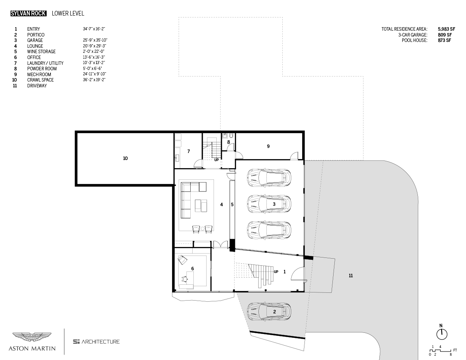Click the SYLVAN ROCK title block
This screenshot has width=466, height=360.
pyautogui.click(x=29, y=14)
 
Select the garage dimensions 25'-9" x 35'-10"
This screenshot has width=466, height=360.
pyautogui.click(x=95, y=40)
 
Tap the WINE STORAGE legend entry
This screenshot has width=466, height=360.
pyautogui.click(x=41, y=52)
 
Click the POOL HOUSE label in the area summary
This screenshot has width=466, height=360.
pyautogui.click(x=414, y=40)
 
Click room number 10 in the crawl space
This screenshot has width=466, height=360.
pyautogui.click(x=125, y=158)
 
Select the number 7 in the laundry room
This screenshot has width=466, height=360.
pyautogui.click(x=188, y=151)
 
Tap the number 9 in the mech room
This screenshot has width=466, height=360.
pyautogui.click(x=268, y=146)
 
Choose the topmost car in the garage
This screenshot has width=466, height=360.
pyautogui.click(x=269, y=177)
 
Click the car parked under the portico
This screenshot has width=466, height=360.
pyautogui.click(x=269, y=311)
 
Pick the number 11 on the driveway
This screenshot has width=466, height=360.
pyautogui.click(x=351, y=276)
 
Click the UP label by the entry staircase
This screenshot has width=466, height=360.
pyautogui.click(x=276, y=272)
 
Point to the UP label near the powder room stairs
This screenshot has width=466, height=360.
pyautogui.click(x=216, y=160)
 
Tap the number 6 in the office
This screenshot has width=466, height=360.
pyautogui.click(x=192, y=268)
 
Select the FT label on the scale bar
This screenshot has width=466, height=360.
pyautogui.click(x=455, y=350)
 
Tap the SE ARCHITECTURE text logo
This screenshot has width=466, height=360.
pyautogui.click(x=96, y=342)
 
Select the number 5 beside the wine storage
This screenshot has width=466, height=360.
pyautogui.click(x=232, y=204)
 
